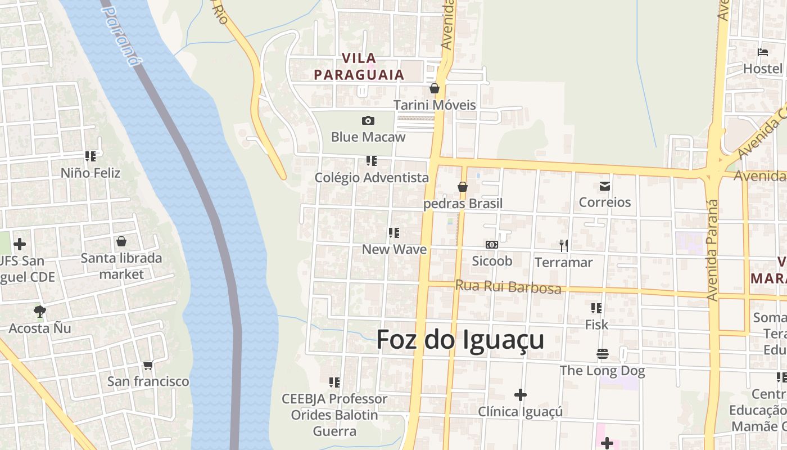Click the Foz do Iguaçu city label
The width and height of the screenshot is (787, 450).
tap(460, 340)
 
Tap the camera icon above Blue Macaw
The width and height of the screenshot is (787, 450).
tap(368, 120)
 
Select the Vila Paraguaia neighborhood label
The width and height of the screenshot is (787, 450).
tap(359, 66)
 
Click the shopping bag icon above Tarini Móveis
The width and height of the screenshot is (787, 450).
tap(434, 88)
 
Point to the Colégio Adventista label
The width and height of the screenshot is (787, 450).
tap(372, 178)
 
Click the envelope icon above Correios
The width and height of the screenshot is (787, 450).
tap(605, 186)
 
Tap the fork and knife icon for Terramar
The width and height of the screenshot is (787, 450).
tap(563, 245)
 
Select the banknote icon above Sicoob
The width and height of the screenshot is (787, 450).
tap(492, 245)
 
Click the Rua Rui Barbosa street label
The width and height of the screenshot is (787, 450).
tap(508, 287)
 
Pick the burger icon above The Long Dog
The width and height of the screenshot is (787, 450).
tap(603, 354)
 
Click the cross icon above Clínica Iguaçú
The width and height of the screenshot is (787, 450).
tap(521, 395)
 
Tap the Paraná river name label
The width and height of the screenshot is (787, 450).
tap(121, 35)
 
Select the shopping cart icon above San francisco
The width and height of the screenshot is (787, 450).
tap(148, 365)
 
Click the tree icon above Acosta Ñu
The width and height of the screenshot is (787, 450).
tap(39, 311)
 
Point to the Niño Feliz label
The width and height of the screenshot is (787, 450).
tap(91, 173)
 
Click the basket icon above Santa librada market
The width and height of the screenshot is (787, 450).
tap(121, 241)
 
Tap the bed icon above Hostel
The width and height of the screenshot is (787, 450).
tap(763, 52)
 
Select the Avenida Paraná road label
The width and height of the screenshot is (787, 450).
tap(712, 249)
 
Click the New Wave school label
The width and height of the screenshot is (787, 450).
tap(394, 249)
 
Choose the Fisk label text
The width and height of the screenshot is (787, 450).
tap(596, 325)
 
